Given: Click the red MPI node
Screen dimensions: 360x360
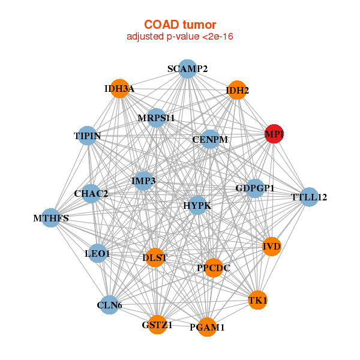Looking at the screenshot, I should pyautogui.click(x=274, y=135).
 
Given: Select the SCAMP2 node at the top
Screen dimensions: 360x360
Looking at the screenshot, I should pyautogui.click(x=188, y=68).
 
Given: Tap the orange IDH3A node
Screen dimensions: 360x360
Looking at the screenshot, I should pyautogui.click(x=120, y=89).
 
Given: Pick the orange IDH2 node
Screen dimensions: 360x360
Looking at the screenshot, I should pyautogui.click(x=237, y=91).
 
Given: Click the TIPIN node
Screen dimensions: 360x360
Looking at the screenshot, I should pyautogui.click(x=88, y=136).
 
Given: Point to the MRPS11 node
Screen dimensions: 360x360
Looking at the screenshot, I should pyautogui.click(x=156, y=118).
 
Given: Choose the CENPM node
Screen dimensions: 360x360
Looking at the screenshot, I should pyautogui.click(x=210, y=139).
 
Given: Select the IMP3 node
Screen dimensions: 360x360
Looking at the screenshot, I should pyautogui.click(x=143, y=181).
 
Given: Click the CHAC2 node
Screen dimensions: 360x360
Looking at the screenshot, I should pyautogui.click(x=91, y=193).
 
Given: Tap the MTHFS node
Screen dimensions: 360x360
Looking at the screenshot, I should pyautogui.click(x=51, y=218).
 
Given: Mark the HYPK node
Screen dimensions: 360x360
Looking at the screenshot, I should pyautogui.click(x=197, y=205).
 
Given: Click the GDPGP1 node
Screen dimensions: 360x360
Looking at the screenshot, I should pyautogui.click(x=255, y=188).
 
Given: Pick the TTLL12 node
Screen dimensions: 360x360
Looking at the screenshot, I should pyautogui.click(x=308, y=197).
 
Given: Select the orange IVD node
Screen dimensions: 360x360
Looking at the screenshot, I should pyautogui.click(x=272, y=246).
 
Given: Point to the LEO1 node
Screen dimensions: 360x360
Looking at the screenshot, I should pyautogui.click(x=98, y=254).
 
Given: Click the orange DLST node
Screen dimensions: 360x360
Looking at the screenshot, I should pyautogui.click(x=155, y=258).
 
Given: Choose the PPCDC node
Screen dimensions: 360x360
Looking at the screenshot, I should pyautogui.click(x=214, y=268).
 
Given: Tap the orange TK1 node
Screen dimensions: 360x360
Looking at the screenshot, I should pyautogui.click(x=257, y=300).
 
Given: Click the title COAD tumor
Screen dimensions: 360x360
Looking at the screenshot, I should pyautogui.click(x=179, y=25).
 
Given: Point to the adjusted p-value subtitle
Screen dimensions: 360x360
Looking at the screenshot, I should pyautogui.click(x=179, y=37).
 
